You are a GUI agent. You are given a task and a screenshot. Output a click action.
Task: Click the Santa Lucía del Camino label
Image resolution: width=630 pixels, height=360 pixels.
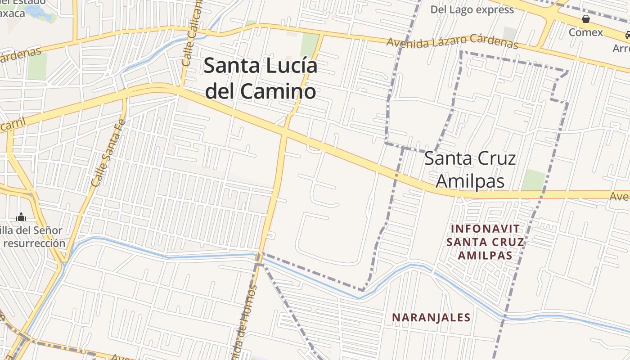point(261,78)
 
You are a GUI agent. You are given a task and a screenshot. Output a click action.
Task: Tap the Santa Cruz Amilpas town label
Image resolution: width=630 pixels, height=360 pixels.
point(470,170)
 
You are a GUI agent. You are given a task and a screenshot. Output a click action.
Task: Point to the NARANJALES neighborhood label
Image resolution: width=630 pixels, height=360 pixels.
point(431,318)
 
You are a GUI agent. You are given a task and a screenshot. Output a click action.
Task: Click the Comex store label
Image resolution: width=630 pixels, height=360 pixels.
point(585,32)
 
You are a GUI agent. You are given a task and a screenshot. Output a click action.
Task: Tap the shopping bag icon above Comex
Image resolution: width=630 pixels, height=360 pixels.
point(586,19)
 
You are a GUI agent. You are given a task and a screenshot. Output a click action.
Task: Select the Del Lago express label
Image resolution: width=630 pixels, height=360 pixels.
point(472,9)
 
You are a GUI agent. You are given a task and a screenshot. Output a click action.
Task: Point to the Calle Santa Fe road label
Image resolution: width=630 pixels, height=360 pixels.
point(108,153)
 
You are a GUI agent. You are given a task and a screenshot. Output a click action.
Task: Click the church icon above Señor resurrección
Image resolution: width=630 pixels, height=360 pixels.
point(21,217)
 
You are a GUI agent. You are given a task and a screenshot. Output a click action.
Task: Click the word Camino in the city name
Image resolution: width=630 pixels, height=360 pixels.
point(277,91)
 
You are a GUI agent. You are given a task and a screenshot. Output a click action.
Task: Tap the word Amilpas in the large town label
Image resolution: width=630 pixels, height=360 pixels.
point(470,181)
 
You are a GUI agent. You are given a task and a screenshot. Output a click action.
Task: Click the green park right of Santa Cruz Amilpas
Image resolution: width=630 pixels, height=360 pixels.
point(534,180)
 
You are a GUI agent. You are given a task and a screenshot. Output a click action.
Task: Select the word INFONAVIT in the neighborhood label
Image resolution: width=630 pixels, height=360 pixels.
point(485,229)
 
